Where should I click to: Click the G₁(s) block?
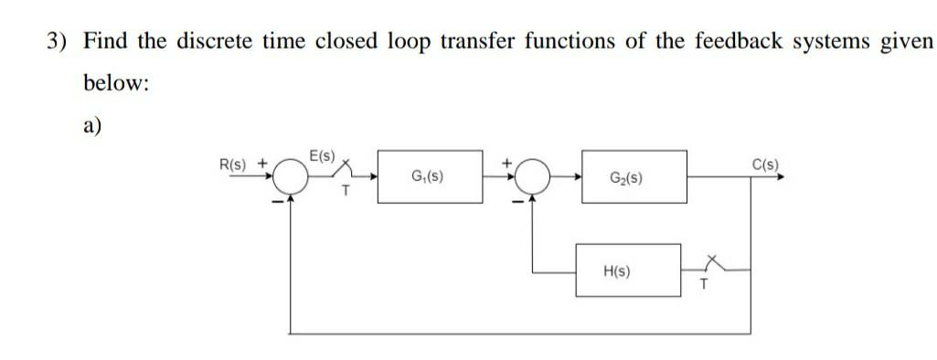click(428, 176)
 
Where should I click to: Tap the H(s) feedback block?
click(627, 270)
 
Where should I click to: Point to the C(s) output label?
click(765, 164)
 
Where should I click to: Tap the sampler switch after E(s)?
click(346, 171)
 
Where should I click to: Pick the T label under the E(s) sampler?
click(345, 193)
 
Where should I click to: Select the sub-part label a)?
click(92, 126)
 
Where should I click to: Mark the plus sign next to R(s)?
click(263, 164)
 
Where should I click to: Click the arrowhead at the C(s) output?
click(780, 177)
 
